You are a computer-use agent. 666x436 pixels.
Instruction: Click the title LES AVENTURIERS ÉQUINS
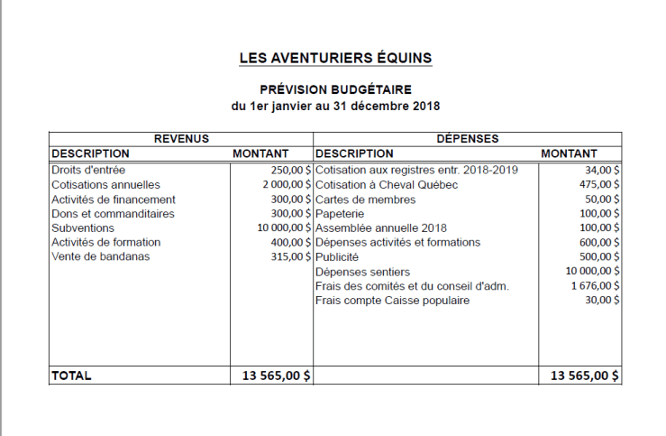(335, 59)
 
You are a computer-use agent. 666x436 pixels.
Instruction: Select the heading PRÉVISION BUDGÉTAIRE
(335, 89)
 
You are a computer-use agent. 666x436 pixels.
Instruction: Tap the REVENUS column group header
(181, 139)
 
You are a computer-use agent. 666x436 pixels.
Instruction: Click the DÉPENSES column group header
(468, 139)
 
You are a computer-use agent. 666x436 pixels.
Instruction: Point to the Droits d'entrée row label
(88, 170)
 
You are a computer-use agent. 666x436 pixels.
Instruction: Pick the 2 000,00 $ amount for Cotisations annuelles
(282, 184)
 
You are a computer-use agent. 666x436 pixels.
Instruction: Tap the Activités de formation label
(105, 242)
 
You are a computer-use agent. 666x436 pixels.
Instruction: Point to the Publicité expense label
(339, 256)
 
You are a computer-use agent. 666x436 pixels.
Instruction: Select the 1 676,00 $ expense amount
(595, 285)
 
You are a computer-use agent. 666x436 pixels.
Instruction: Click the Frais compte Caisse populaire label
(393, 300)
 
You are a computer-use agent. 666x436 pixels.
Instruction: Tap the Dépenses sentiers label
(362, 271)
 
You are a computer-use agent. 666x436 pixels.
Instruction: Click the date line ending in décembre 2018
(335, 106)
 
